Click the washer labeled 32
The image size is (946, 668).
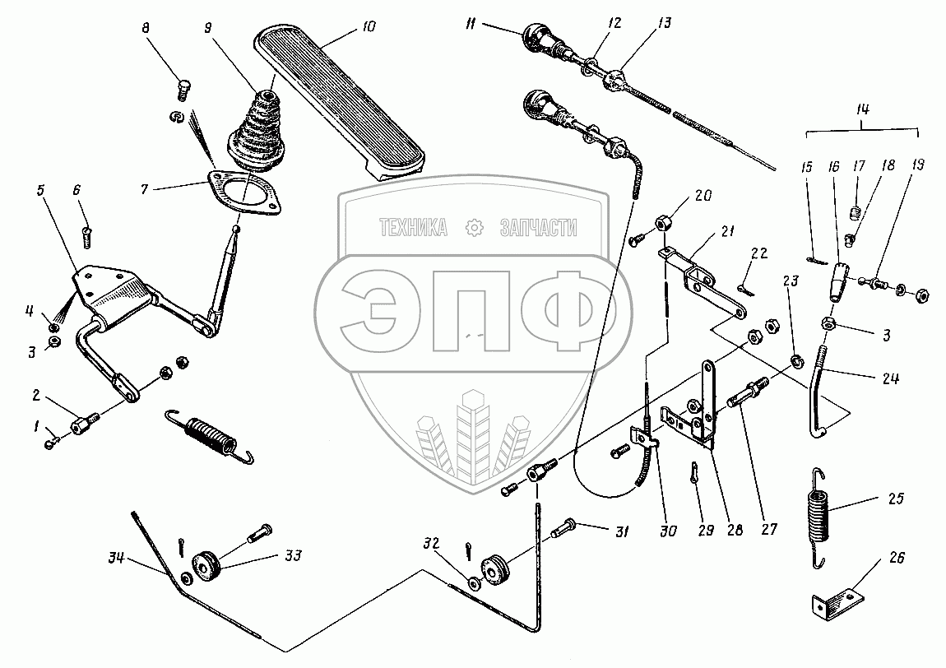tap(474, 584)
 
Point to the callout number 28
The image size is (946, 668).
tap(734, 531)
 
